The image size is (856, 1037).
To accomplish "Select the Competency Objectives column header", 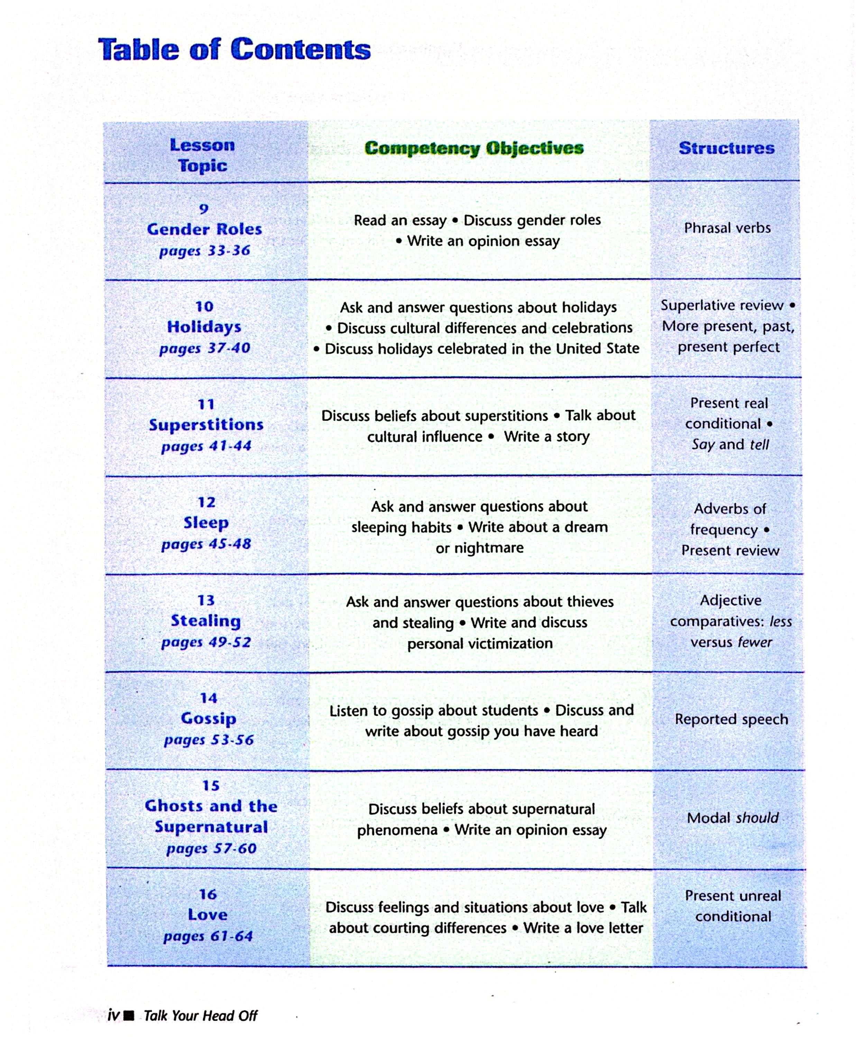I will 474,148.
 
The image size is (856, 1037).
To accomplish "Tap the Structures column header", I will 726,148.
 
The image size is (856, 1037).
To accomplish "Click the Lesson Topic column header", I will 202,155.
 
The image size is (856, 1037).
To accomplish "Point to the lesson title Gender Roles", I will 204,229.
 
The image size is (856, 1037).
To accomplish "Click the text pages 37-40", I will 205,348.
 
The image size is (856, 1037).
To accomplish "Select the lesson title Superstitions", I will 206,424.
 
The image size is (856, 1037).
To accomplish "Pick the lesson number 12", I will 206,502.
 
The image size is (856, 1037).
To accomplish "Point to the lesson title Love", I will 208,914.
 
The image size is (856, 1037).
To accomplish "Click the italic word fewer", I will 755,642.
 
